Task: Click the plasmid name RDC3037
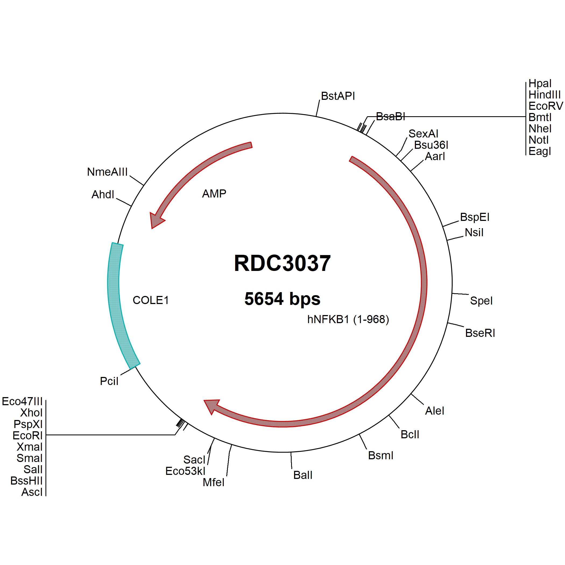coord(282,263)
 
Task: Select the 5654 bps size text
coord(282,299)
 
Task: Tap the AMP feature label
coord(214,194)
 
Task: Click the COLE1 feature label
coord(151,300)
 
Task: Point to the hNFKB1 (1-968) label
coord(348,319)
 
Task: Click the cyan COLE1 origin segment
coord(117,304)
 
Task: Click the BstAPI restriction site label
coord(338,96)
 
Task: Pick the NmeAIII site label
coord(107,172)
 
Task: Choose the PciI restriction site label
coord(109,381)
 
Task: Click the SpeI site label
coord(481,301)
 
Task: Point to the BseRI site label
coord(480,333)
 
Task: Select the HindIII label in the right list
coord(545,95)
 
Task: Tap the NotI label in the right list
coord(538,140)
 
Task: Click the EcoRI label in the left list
coord(28,435)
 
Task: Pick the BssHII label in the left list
coord(27,481)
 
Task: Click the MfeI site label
coord(213,482)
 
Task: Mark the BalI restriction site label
coord(303,475)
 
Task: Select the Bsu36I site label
coord(431,145)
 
